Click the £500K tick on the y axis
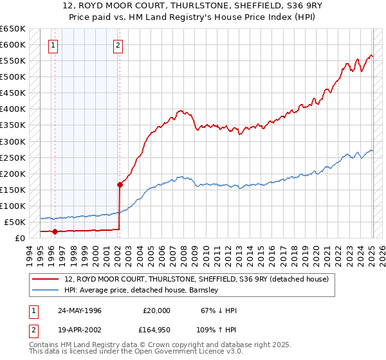pyautogui.click(x=12, y=77)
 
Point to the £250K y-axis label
pyautogui.click(x=12, y=157)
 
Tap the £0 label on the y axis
pyautogui.click(x=19, y=238)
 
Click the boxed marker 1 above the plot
pyautogui.click(x=52, y=45)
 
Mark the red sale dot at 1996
pyautogui.click(x=55, y=231)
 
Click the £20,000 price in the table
pyautogui.click(x=157, y=310)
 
